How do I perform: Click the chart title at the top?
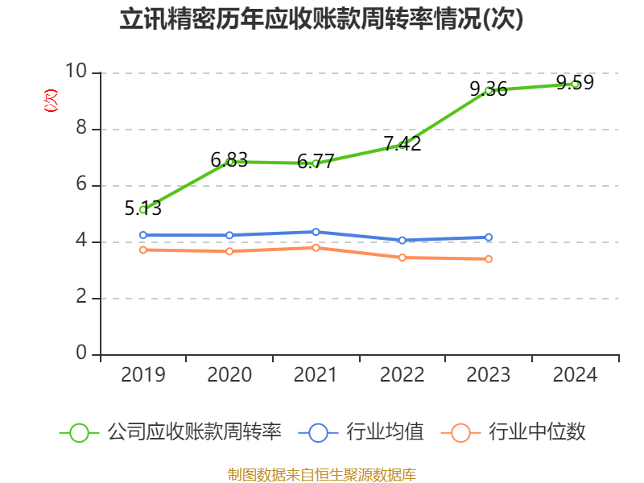click(x=321, y=19)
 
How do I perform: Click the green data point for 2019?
click(x=143, y=209)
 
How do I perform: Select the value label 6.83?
click(x=229, y=159)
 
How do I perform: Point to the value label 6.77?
click(x=316, y=161)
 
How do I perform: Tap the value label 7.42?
click(x=402, y=143)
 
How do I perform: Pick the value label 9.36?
click(x=489, y=89)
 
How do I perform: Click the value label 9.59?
click(x=575, y=82)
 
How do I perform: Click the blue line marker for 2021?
click(x=316, y=232)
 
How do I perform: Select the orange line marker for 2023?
click(x=489, y=258)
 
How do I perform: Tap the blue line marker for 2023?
click(x=489, y=237)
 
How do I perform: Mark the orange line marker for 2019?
click(x=143, y=250)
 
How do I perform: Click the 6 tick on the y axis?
click(x=81, y=185)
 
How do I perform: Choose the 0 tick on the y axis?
click(x=81, y=354)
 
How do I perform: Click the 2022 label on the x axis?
click(x=402, y=374)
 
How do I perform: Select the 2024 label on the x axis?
click(x=575, y=374)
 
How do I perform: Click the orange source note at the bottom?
click(x=321, y=474)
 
